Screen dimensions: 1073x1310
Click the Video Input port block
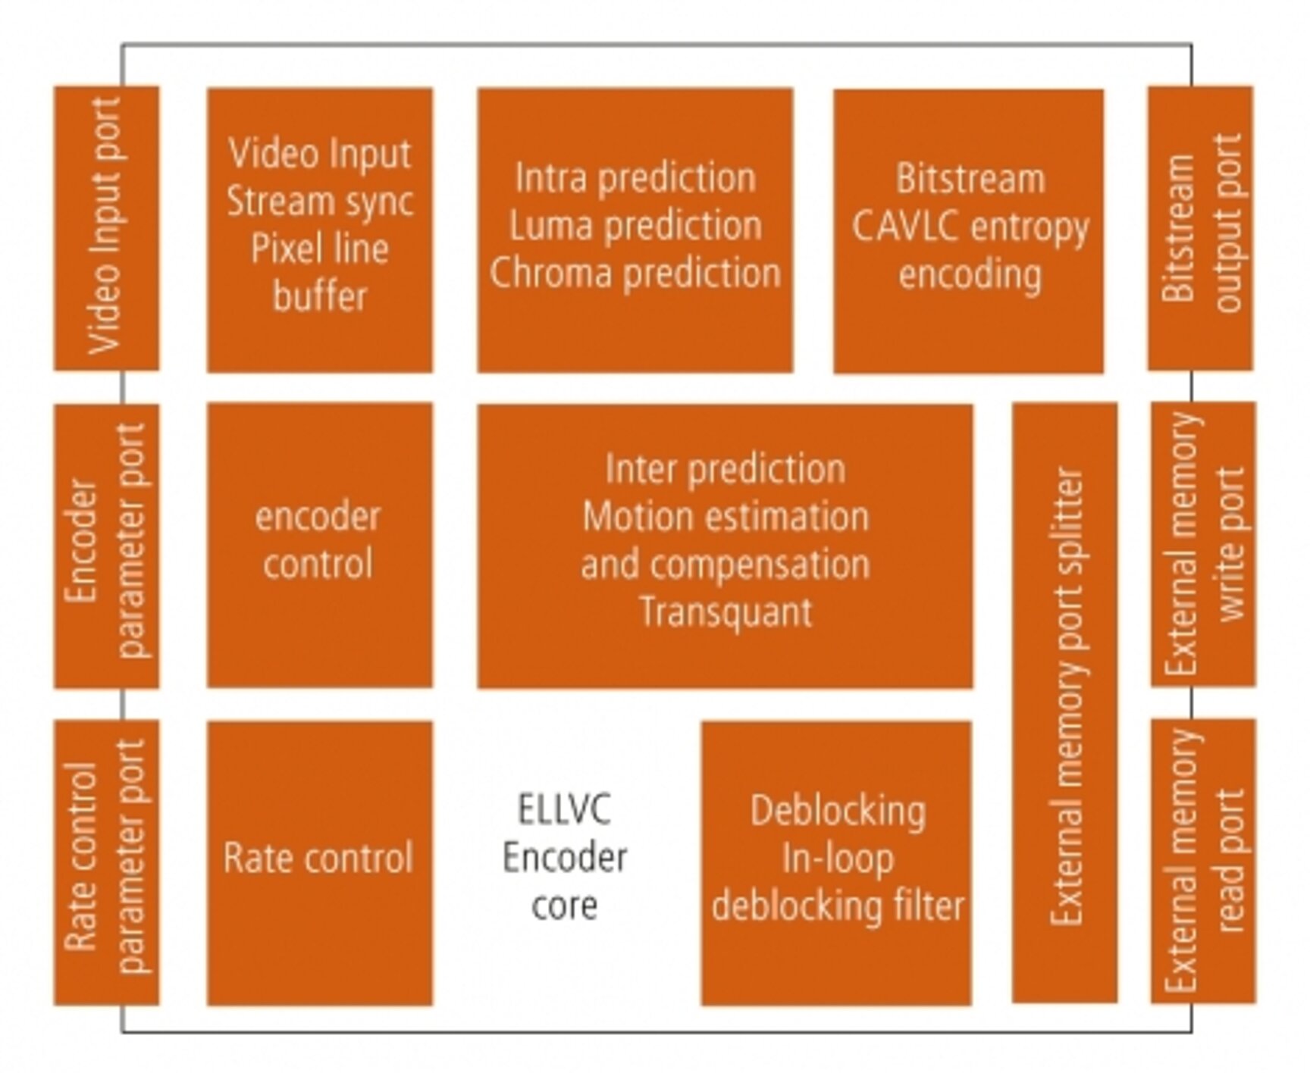tap(106, 227)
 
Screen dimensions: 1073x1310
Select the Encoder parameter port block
tap(106, 546)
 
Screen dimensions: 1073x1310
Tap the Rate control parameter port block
tap(106, 862)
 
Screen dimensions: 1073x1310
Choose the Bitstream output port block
tap(1200, 227)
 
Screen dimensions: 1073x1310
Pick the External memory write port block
tap(1203, 544)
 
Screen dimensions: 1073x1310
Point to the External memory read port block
tap(1203, 861)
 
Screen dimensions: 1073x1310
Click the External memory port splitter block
tap(1064, 702)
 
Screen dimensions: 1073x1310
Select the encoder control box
tap(319, 544)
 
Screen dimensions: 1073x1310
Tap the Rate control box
tap(319, 862)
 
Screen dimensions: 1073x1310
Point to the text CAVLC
tap(905, 227)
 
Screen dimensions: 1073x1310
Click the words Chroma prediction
tap(635, 274)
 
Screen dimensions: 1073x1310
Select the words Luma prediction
tap(635, 226)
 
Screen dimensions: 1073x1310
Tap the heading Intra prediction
tap(635, 179)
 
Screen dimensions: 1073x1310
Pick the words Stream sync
tap(320, 202)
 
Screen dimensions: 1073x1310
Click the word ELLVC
tap(564, 809)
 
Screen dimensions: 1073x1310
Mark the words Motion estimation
tap(726, 518)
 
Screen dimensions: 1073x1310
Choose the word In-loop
tap(838, 859)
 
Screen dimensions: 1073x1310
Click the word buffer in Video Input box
tap(320, 296)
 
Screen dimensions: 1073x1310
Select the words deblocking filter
tap(838, 906)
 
